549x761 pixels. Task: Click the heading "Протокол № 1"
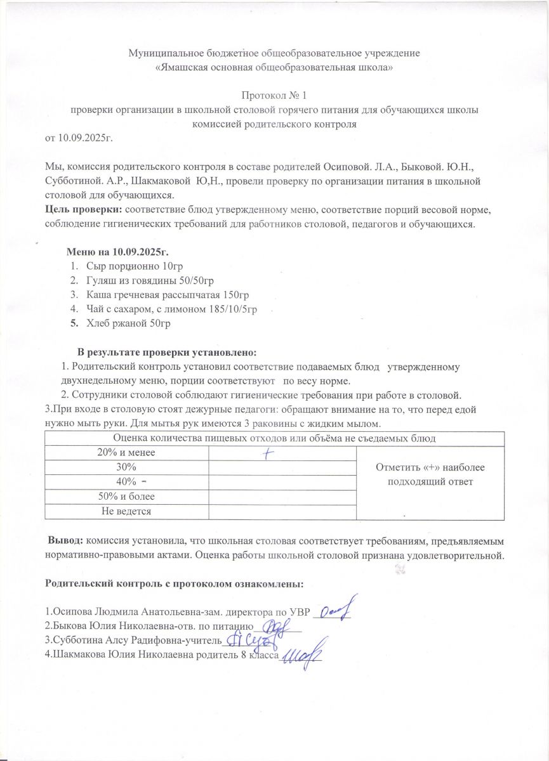click(274, 96)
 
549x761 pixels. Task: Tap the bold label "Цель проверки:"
click(84, 209)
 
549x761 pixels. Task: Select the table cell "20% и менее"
click(126, 453)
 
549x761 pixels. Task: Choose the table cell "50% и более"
click(126, 496)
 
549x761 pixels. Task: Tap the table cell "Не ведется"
click(126, 511)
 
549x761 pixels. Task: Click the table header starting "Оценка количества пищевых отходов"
click(274, 438)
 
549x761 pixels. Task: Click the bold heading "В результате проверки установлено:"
click(168, 352)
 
